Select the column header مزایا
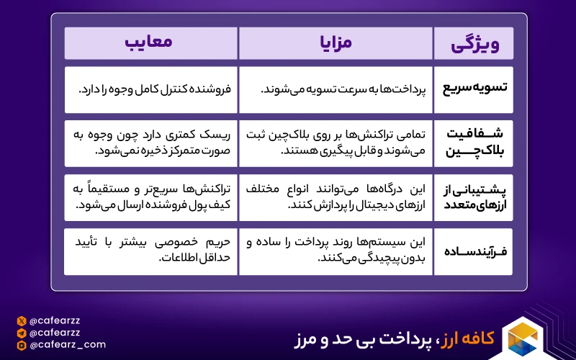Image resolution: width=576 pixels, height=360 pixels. click(x=335, y=43)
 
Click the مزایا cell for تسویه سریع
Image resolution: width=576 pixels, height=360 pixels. click(x=335, y=89)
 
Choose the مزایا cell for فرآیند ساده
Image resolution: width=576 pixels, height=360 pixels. click(x=335, y=251)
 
